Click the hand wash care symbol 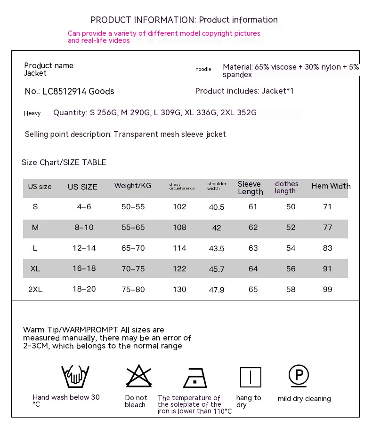coord(75,376)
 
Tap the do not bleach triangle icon coord(139,376)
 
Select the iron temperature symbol coord(195,378)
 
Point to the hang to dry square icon coord(251,377)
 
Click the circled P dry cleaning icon coord(299,375)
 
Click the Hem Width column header coord(331,186)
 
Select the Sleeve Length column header coord(250,188)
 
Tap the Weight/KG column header coord(133,186)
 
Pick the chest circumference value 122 coord(179,268)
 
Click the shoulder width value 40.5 coord(217,207)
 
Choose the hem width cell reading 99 coord(327,289)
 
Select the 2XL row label coord(35,289)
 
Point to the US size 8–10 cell coord(84,228)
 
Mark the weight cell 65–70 coord(133,248)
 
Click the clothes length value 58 coord(291,289)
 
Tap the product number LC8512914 coord(65,91)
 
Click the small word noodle coord(203,70)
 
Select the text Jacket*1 coord(278,91)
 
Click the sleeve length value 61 coord(253,207)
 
